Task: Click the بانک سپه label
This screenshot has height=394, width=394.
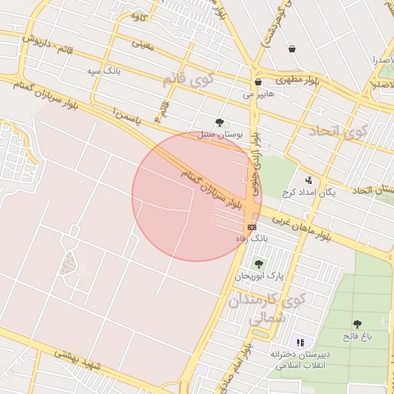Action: pyautogui.click(x=103, y=71)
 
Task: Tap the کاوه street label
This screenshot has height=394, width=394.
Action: pyautogui.click(x=139, y=16)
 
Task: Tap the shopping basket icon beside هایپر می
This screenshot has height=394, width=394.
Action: pyautogui.click(x=257, y=82)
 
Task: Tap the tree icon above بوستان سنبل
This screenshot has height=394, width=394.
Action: pyautogui.click(x=220, y=122)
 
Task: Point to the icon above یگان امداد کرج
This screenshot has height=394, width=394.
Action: pyautogui.click(x=309, y=180)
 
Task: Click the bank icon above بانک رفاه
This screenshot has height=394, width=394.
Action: pyautogui.click(x=252, y=228)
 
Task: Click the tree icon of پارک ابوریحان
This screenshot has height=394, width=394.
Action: pyautogui.click(x=258, y=264)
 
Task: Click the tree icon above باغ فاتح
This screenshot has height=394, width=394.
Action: pyautogui.click(x=357, y=324)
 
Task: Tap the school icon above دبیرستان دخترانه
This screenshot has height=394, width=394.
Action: pyautogui.click(x=301, y=342)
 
